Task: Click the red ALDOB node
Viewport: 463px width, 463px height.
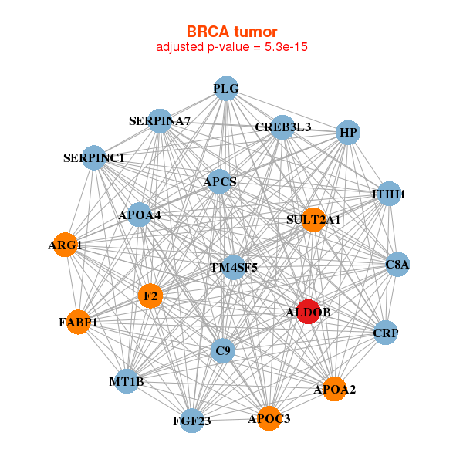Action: pyautogui.click(x=308, y=312)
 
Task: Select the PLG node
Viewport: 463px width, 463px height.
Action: pyautogui.click(x=225, y=89)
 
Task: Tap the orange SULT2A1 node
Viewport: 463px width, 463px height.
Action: pyautogui.click(x=313, y=220)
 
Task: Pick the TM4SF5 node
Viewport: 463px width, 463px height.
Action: pyautogui.click(x=234, y=267)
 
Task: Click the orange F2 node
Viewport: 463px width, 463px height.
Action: pyautogui.click(x=150, y=296)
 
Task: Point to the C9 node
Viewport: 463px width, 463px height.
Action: pyautogui.click(x=223, y=351)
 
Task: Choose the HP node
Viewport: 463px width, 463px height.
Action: pyautogui.click(x=348, y=133)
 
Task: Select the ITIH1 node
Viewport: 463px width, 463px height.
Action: pyautogui.click(x=388, y=194)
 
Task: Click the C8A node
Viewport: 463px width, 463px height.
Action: pyautogui.click(x=397, y=265)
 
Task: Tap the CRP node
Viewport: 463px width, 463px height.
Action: pyautogui.click(x=385, y=333)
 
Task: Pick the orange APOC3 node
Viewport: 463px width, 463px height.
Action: pyautogui.click(x=269, y=418)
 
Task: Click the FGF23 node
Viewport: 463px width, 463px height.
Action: pyautogui.click(x=191, y=421)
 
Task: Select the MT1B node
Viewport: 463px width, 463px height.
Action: pyautogui.click(x=127, y=381)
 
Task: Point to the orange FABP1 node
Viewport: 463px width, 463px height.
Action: pyautogui.click(x=78, y=322)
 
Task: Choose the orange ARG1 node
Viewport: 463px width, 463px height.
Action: pyautogui.click(x=65, y=245)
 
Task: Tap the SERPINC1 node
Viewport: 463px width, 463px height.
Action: pyautogui.click(x=93, y=158)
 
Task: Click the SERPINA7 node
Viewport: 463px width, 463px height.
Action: pyautogui.click(x=160, y=121)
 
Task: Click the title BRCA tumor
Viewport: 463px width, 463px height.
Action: pyautogui.click(x=231, y=32)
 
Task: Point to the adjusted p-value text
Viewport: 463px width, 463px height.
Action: pyautogui.click(x=232, y=47)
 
